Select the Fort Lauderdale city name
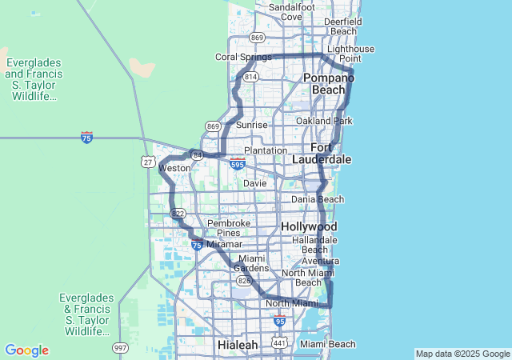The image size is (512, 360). point(331,154)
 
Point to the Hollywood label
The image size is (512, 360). point(309,227)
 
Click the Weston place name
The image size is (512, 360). point(174,169)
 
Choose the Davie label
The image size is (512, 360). point(254,183)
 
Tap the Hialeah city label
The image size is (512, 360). point(238,345)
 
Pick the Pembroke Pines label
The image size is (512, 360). point(229,229)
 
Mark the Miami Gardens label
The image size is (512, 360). point(252,263)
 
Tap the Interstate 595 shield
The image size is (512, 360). point(237,164)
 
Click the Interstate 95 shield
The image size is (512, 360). point(279,321)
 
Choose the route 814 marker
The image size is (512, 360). point(251,77)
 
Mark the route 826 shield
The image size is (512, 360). point(243,281)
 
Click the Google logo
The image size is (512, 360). point(26,350)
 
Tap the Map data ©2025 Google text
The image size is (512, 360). point(462,354)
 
